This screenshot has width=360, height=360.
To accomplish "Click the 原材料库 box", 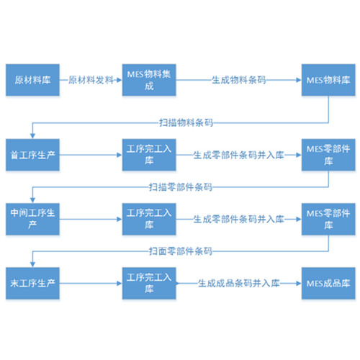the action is tap(32, 80).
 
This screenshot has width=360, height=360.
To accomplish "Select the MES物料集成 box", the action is tap(149, 80).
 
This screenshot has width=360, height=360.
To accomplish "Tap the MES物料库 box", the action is tap(328, 80).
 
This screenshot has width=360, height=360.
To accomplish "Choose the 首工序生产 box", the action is tap(32, 155).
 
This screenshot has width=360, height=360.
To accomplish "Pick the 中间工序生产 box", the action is tap(32, 219).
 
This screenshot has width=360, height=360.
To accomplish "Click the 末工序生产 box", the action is tap(32, 283).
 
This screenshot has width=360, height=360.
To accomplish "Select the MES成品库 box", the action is tap(328, 283).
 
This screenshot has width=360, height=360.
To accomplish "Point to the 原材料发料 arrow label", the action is tap(91, 80).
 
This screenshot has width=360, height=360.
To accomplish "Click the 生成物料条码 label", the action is tap(239, 80).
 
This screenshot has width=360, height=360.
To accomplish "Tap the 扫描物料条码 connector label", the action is tap(186, 122).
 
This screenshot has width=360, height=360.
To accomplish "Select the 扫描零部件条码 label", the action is tap(181, 187).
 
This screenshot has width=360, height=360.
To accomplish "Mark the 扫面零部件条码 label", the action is tap(181, 251).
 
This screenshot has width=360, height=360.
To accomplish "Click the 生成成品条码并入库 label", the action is tap(239, 283).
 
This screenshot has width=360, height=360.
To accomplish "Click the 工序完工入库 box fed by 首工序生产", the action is tap(149, 155).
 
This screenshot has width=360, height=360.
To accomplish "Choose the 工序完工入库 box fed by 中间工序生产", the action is tap(149, 219).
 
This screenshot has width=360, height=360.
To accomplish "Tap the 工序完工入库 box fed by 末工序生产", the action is tap(149, 283).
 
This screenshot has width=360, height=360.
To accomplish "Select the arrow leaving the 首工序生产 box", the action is tap(91, 155).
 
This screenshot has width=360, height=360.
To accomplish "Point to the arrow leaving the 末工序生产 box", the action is tap(91, 283).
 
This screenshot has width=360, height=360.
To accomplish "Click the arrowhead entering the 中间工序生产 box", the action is tap(32, 200).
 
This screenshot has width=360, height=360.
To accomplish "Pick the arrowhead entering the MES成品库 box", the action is tap(299, 283).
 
